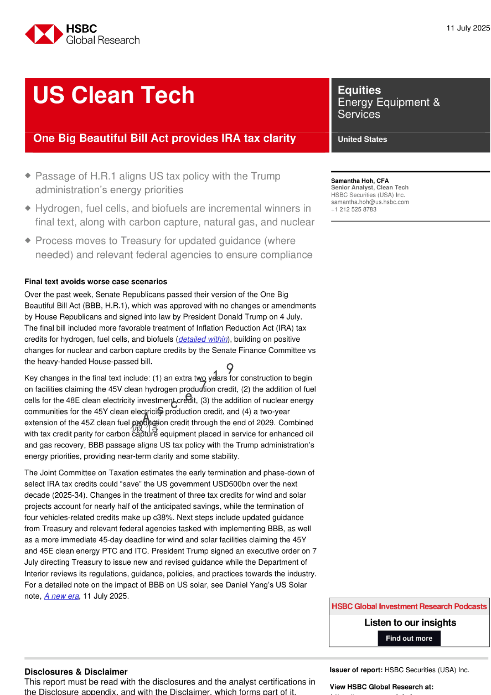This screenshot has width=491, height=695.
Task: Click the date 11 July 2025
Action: (x=468, y=28)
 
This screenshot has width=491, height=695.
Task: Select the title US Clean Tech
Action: (x=114, y=95)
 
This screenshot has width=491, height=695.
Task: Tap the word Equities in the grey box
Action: (x=359, y=90)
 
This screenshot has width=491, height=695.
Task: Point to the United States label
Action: (x=362, y=139)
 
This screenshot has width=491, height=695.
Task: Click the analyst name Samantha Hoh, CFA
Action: (x=360, y=181)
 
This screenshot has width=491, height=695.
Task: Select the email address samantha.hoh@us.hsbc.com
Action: (x=369, y=202)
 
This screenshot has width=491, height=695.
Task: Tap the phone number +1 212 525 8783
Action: (x=353, y=209)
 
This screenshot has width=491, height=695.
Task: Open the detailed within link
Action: (x=203, y=339)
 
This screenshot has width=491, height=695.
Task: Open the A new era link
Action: (x=62, y=596)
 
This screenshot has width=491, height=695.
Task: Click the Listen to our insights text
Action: (x=410, y=623)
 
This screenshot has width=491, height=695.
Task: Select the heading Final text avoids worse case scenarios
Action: (x=95, y=282)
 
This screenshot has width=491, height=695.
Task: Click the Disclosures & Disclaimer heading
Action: (x=76, y=672)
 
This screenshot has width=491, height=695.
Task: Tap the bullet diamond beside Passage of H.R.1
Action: (x=28, y=175)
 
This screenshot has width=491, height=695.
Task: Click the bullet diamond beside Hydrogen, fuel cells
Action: (x=28, y=208)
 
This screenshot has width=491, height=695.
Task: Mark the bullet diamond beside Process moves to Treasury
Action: (x=28, y=240)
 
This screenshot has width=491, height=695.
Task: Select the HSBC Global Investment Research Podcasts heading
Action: (x=409, y=606)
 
